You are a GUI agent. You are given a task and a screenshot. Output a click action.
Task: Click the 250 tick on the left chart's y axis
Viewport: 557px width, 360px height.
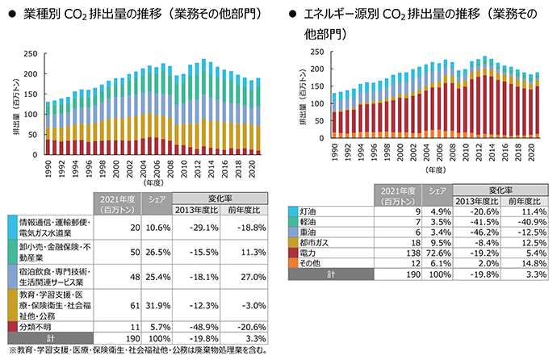pyautogui.click(x=29, y=53)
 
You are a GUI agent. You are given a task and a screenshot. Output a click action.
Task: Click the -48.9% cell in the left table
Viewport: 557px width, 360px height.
pyautogui.click(x=205, y=325)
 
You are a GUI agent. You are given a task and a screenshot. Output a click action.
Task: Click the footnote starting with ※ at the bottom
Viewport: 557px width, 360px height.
pyautogui.click(x=137, y=350)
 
